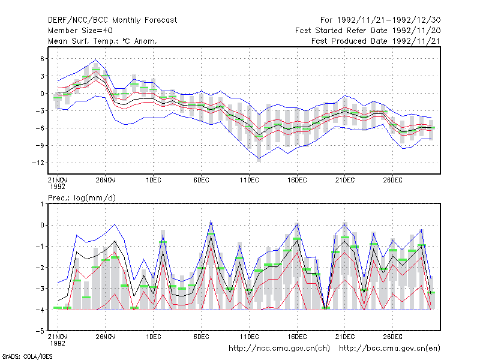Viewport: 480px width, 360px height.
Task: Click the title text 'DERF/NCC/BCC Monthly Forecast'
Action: pos(112,20)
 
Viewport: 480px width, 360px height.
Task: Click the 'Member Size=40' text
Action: pos(80,31)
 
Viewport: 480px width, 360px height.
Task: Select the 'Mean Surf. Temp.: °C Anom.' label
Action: pos(102,41)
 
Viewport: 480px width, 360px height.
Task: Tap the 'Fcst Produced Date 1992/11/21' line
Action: pos(376,41)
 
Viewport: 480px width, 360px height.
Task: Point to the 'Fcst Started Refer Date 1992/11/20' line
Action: pos(368,31)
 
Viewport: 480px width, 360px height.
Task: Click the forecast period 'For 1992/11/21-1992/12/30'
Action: pos(380,20)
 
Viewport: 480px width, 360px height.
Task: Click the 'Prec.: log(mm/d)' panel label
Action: pos(82,198)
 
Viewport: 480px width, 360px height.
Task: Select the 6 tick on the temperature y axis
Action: pos(42,59)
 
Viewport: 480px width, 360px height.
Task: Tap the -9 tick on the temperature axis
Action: pos(40,145)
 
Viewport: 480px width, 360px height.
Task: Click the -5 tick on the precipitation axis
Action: pos(40,331)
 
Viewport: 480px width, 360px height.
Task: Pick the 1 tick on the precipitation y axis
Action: pos(42,204)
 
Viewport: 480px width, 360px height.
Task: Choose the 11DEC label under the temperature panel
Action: pos(249,180)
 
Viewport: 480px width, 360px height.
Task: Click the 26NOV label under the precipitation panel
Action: pos(106,337)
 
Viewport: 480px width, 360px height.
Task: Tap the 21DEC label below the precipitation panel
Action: pos(345,337)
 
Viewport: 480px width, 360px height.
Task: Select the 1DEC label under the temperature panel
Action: pos(154,180)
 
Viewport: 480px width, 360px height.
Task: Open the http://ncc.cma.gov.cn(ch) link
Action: pos(279,349)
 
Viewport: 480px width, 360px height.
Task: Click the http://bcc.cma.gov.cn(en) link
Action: pos(389,349)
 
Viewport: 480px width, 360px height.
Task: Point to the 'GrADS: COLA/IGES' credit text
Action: pos(27,356)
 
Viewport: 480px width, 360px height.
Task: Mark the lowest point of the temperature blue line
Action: pos(259,158)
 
